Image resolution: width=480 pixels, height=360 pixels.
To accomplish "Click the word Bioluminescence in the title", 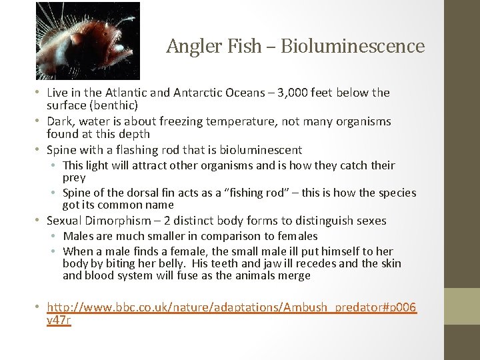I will (353, 46).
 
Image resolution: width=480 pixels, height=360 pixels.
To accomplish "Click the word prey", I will (73, 178).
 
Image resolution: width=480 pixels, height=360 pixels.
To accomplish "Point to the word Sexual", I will (64, 221).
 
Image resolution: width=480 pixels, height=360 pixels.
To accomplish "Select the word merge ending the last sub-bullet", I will (294, 276).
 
